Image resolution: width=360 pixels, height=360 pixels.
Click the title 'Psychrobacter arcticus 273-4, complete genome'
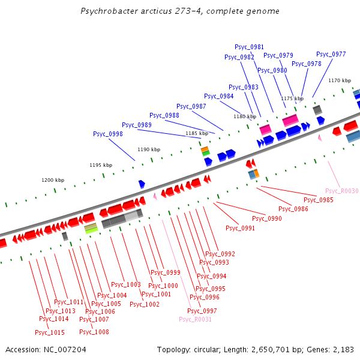[x=179, y=11]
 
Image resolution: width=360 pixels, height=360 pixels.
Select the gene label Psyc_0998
[x=108, y=134]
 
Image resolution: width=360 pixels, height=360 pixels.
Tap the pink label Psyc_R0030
[x=342, y=191]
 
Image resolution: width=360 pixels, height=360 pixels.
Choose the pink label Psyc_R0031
[x=195, y=319]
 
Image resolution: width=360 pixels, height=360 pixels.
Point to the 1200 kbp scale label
[x=53, y=180]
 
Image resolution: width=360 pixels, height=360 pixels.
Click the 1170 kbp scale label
[x=339, y=80]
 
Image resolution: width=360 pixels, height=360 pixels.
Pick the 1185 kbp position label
[x=197, y=133]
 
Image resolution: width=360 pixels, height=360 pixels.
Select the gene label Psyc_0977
[x=331, y=54]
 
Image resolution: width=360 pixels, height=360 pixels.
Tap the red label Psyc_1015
[x=50, y=332]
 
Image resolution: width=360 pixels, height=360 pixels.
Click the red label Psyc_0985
[x=318, y=200]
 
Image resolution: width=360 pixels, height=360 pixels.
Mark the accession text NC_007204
[x=46, y=349]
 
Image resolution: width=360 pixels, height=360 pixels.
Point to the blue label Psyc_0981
[x=249, y=47]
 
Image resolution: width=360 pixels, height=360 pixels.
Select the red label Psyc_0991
[x=240, y=228]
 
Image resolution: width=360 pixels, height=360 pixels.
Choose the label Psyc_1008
[x=94, y=332]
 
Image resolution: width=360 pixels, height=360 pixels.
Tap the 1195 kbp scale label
[x=101, y=165]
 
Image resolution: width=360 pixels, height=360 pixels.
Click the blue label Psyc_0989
[x=137, y=125]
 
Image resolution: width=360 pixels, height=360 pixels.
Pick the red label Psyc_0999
[x=165, y=272]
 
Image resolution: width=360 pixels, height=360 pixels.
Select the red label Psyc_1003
[x=126, y=284]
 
